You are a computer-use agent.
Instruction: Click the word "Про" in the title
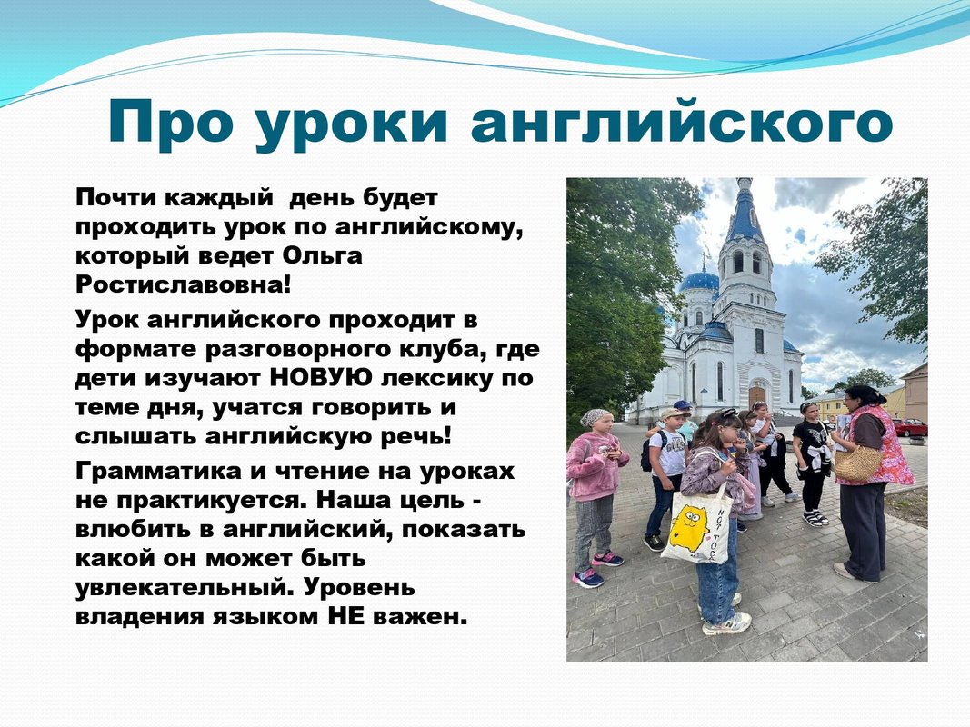point(171,123)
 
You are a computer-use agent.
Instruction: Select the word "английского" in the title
point(682,123)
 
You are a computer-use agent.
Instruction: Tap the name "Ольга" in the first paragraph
point(323,256)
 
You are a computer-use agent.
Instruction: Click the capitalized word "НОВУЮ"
point(321,377)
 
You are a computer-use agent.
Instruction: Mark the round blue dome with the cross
point(700,281)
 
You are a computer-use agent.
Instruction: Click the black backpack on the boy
point(647,452)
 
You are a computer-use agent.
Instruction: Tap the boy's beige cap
point(674,413)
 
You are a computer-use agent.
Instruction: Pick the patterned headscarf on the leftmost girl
point(595,418)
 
